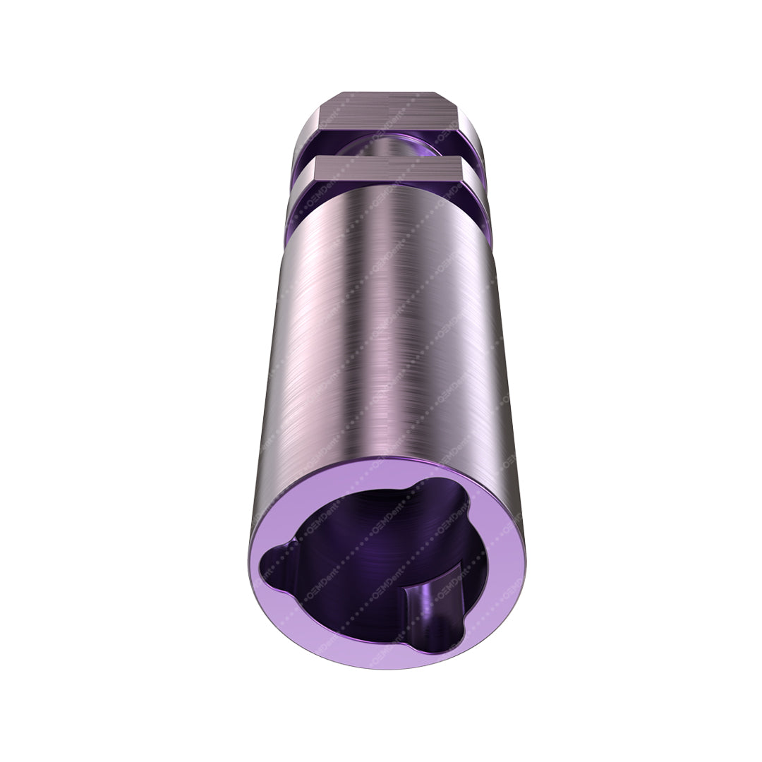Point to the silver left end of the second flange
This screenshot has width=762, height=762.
(295, 205)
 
